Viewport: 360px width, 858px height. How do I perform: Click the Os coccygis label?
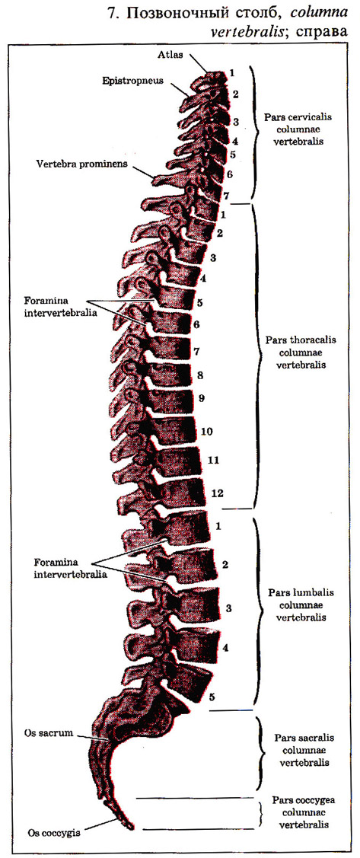coord(53,834)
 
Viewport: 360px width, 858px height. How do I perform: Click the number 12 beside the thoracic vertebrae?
coord(217,493)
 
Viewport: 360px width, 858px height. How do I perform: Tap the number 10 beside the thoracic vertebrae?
coord(206,432)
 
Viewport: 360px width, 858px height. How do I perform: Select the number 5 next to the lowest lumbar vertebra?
coord(212,697)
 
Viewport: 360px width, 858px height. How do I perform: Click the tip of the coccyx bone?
coord(130,825)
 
